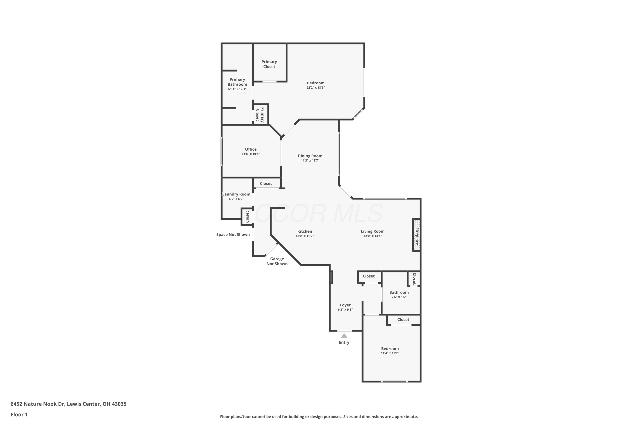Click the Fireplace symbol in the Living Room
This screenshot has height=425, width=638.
coord(417,235)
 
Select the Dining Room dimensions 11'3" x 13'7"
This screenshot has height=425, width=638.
coord(310,160)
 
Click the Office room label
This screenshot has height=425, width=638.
coord(251,149)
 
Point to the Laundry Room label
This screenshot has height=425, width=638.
coord(236,194)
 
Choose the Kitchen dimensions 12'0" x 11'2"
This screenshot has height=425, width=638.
coord(305,236)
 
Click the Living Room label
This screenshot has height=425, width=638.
coord(373,231)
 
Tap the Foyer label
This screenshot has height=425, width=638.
coord(345,305)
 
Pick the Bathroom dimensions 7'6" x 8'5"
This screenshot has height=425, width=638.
coord(399,297)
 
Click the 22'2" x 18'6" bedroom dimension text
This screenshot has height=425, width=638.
coord(316,88)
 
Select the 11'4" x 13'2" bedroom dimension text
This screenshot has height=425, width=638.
coord(390,353)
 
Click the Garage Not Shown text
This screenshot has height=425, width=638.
coord(277,261)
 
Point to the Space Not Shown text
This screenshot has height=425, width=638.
coord(233,234)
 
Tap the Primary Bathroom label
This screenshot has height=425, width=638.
coord(237,82)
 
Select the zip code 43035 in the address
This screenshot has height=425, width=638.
coord(119,404)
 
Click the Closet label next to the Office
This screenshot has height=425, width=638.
coord(266,184)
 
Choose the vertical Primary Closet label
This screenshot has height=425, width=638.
coord(260,115)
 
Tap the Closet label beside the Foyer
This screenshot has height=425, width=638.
coord(369,276)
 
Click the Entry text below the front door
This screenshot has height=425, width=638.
coord(344,342)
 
